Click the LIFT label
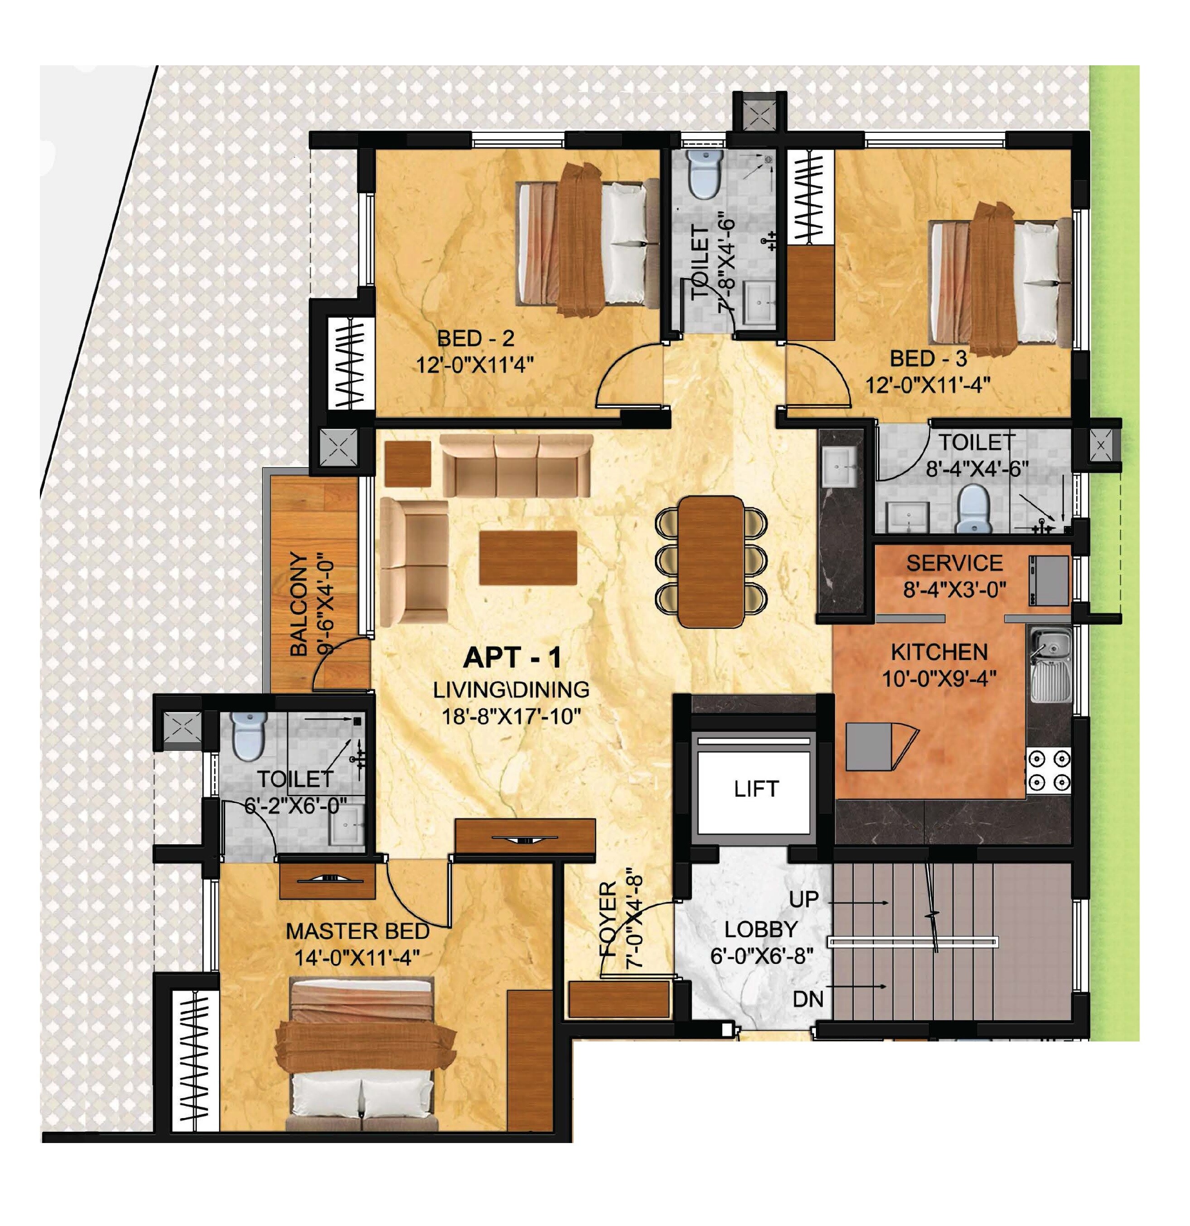coord(756,789)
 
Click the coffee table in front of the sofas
coord(528,558)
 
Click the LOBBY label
coord(761,929)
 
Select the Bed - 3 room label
coord(928,359)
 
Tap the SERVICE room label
coord(954,563)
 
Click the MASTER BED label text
coord(357,931)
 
